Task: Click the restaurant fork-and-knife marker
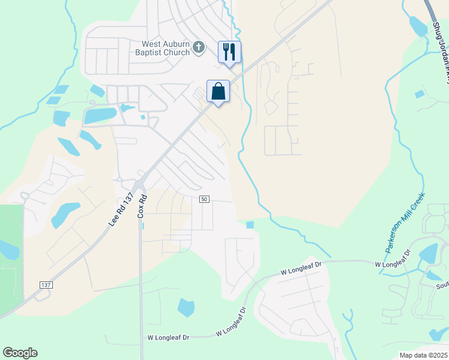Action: click(x=229, y=52)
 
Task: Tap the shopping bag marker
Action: click(x=218, y=92)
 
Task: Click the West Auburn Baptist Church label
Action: click(x=166, y=48)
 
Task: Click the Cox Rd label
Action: click(x=142, y=205)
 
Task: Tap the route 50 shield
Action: click(x=205, y=199)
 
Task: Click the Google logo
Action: click(x=20, y=353)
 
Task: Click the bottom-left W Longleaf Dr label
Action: click(x=168, y=338)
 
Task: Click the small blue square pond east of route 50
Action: click(x=250, y=225)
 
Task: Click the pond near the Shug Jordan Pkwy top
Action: click(x=418, y=25)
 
